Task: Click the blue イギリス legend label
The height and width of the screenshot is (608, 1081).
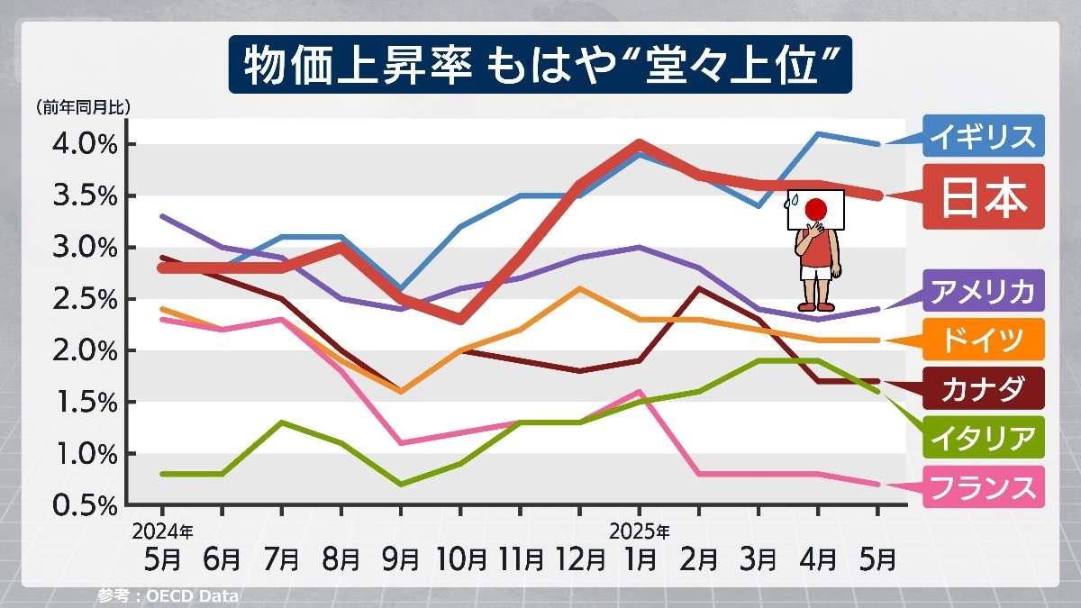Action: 982,137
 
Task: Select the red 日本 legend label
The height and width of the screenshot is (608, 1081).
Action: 983,198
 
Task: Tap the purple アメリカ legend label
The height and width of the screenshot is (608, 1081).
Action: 982,291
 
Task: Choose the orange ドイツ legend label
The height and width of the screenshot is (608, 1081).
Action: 982,340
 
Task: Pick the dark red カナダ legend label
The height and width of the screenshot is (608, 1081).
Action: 982,389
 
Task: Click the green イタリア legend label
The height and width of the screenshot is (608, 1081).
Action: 982,438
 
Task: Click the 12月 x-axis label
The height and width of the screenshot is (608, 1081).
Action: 579,559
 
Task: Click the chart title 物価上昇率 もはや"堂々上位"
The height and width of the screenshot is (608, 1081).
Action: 540,66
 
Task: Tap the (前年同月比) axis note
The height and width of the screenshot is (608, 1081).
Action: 84,107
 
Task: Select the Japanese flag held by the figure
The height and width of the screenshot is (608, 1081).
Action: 815,209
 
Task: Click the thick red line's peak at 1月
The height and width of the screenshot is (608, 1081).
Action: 638,144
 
